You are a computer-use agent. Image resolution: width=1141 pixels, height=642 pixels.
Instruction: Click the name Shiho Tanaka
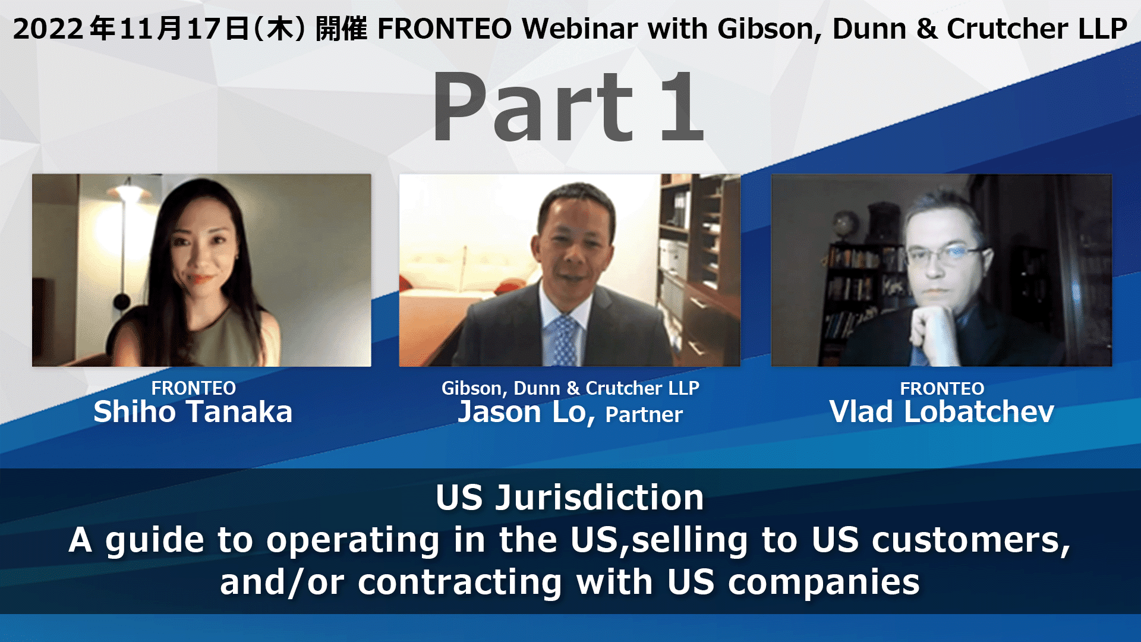tap(193, 412)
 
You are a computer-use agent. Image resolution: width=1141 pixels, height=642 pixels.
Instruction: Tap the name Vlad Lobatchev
tap(942, 412)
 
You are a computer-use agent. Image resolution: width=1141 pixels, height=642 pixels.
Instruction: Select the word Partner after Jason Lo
tap(644, 414)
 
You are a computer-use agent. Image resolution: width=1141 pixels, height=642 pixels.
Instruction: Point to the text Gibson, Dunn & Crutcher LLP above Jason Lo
tap(570, 388)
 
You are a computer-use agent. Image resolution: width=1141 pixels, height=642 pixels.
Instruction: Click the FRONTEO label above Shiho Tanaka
tap(194, 388)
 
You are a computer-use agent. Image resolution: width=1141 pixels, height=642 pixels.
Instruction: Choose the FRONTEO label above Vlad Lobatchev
tap(942, 388)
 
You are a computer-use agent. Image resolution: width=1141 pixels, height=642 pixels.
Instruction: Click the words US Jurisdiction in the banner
tap(570, 498)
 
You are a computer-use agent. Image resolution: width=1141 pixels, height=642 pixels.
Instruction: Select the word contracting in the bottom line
tap(460, 582)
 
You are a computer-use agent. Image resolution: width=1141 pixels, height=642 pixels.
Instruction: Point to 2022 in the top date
tap(48, 29)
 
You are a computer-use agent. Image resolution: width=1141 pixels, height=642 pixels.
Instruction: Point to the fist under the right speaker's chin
tap(936, 324)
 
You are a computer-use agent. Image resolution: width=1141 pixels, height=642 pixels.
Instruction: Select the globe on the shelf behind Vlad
tap(844, 225)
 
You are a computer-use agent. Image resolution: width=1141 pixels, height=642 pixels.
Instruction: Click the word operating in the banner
tap(353, 540)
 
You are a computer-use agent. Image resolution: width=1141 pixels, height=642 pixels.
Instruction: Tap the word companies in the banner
tap(824, 582)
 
